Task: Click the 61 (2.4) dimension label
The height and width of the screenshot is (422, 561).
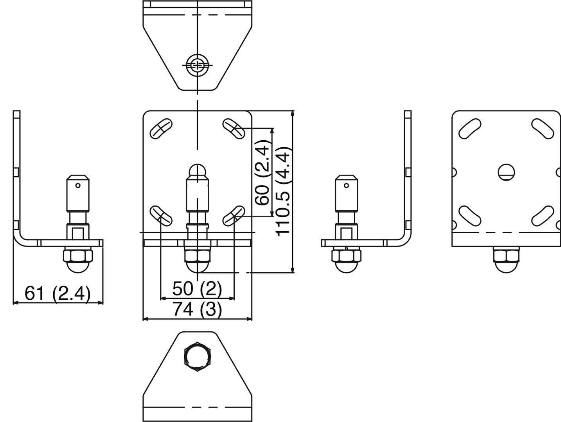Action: tap(58, 293)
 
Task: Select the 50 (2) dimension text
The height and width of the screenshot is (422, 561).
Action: tap(197, 289)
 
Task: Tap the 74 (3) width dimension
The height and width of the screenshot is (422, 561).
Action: tap(197, 309)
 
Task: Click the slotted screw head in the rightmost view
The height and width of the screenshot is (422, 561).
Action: tap(506, 172)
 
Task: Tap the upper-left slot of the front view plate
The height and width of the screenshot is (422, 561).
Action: tap(161, 129)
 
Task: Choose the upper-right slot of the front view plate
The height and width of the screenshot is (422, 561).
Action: tap(234, 129)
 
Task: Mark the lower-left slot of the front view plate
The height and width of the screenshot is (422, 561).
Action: tap(161, 216)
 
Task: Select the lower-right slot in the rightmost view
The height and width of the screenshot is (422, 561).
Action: tap(543, 216)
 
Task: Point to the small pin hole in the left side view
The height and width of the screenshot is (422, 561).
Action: tap(78, 186)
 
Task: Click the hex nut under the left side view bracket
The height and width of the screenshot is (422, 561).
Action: tap(78, 256)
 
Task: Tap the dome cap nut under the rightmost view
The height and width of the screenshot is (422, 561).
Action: tap(506, 267)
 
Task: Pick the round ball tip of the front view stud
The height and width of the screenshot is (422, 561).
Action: tap(198, 171)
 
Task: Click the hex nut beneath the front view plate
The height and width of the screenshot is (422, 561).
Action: tap(198, 256)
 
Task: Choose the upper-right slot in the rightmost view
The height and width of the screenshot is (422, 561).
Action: tap(543, 128)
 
